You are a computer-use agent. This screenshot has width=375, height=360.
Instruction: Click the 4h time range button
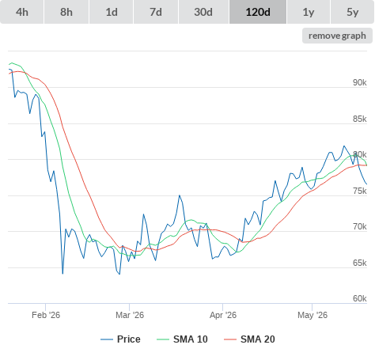22,12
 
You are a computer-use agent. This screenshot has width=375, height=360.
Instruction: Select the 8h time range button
66,12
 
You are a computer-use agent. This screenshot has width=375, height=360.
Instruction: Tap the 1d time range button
112,12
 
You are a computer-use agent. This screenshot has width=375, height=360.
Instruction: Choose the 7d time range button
156,12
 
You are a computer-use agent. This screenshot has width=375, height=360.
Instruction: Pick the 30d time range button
203,12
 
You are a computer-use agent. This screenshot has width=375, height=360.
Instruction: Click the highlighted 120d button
258,12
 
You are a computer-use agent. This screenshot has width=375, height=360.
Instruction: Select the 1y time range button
309,12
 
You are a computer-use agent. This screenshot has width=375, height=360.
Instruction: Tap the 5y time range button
353,12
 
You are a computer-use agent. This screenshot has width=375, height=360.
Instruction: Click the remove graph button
337,36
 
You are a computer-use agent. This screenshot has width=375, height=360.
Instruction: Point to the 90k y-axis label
360,82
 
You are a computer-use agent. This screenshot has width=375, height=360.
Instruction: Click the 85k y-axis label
360,119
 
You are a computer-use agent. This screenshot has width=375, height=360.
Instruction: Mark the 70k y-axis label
360,226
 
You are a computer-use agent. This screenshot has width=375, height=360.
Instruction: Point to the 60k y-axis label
360,298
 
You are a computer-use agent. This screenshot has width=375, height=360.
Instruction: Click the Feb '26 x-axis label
46,315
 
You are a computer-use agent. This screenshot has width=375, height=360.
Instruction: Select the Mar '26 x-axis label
130,315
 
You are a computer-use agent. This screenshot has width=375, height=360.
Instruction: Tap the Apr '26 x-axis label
223,315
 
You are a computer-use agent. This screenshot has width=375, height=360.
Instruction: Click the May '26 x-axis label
312,315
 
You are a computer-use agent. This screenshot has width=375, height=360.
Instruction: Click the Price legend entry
120,339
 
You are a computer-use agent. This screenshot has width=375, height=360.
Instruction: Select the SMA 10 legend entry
182,339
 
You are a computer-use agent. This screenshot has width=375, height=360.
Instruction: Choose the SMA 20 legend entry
249,339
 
